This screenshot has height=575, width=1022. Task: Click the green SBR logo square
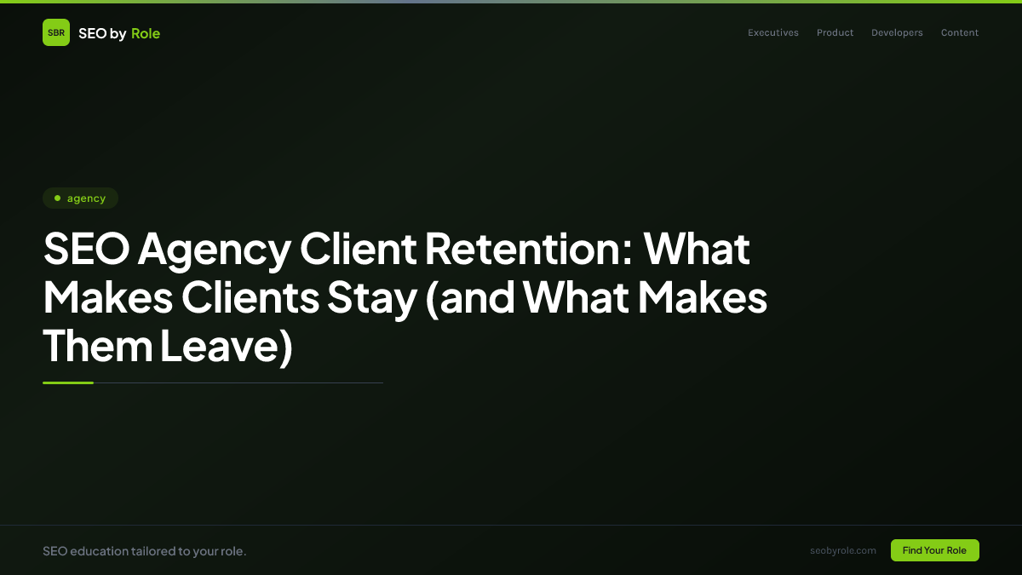[56, 33]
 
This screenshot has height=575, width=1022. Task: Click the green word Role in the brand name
[146, 33]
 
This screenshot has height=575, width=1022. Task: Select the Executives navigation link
[773, 33]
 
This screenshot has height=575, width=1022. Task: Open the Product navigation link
[835, 33]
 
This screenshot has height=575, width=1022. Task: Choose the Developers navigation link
[897, 33]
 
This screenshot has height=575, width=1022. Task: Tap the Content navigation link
[960, 33]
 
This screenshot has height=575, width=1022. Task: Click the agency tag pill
[80, 198]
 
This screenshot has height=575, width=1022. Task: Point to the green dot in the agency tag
[57, 198]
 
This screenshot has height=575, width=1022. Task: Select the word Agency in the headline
[214, 249]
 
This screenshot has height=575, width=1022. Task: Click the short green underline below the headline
[68, 383]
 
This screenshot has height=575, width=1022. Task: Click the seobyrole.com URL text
[843, 550]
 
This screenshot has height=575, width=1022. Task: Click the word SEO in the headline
[84, 249]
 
